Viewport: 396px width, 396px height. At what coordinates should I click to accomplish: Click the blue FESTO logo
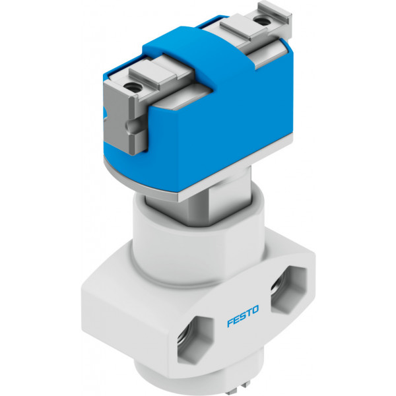tap(243, 316)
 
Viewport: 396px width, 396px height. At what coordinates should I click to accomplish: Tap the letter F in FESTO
tap(230, 323)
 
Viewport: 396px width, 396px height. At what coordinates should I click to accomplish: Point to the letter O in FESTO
tap(255, 310)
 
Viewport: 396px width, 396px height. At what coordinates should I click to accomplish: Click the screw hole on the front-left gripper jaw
tap(132, 87)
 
